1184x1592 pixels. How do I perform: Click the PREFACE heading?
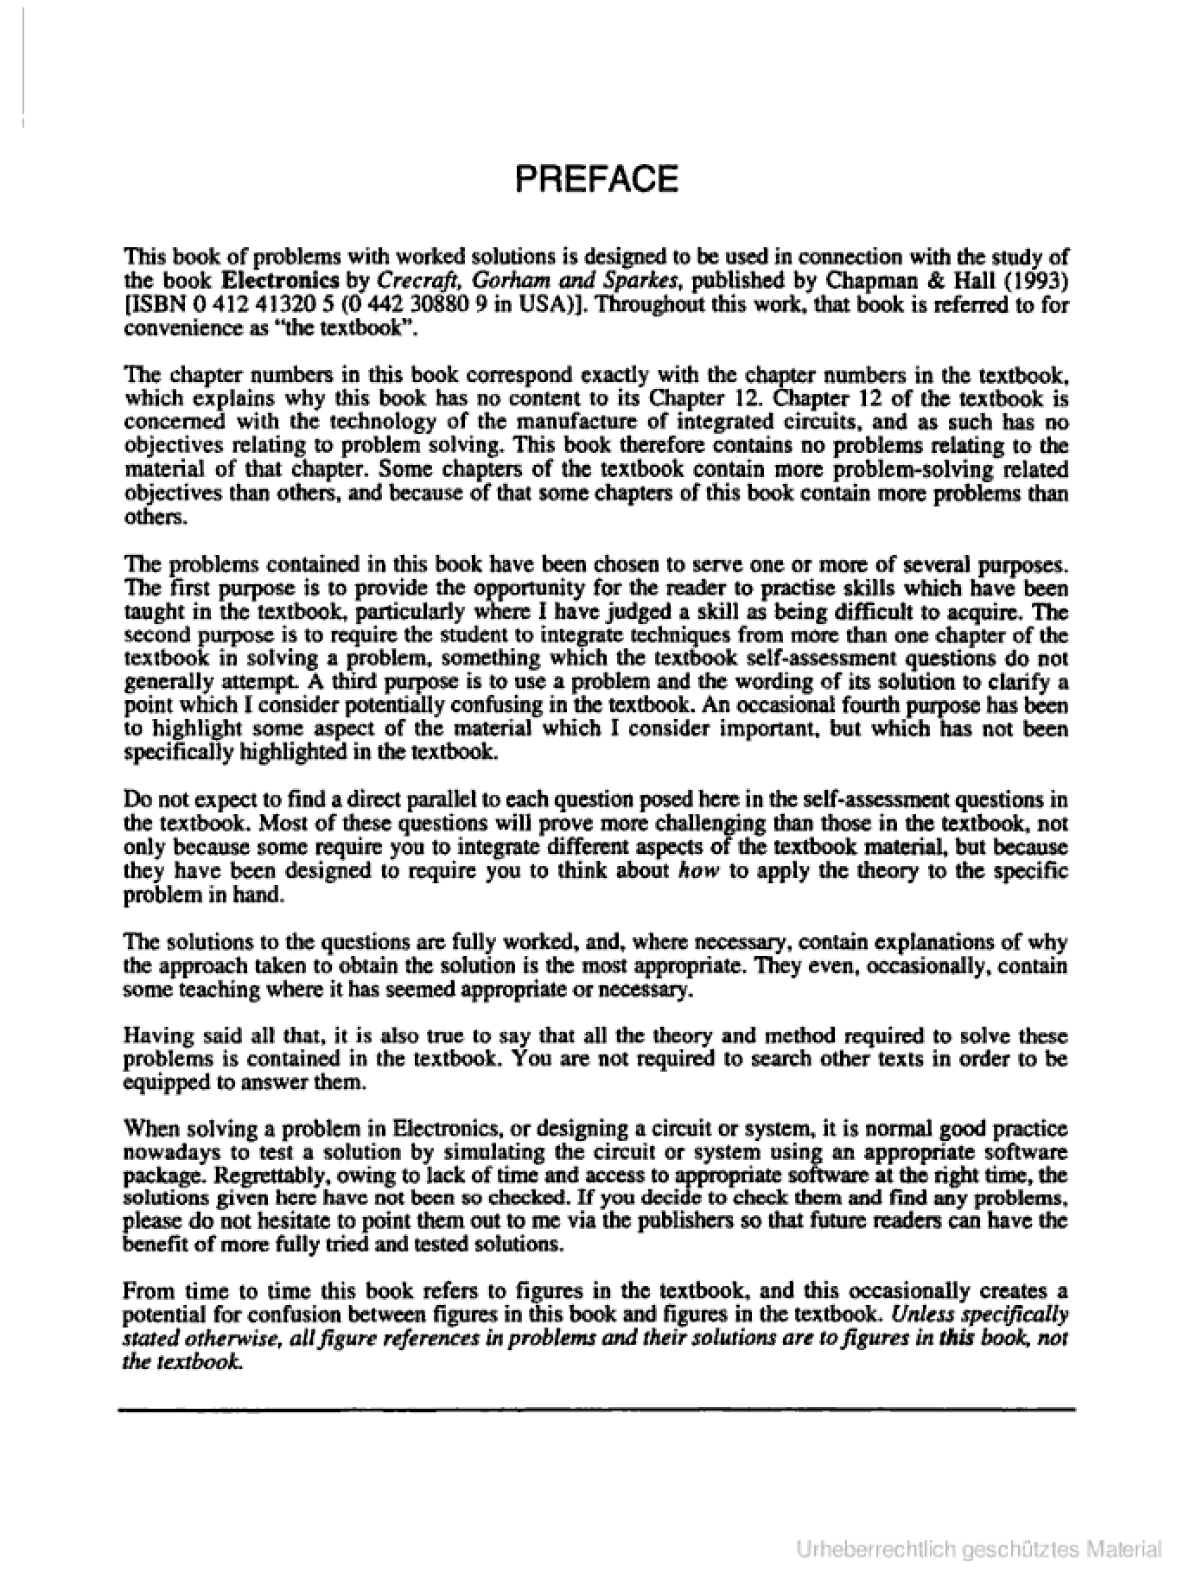click(596, 179)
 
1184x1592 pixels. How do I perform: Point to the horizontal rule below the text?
click(596, 1410)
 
